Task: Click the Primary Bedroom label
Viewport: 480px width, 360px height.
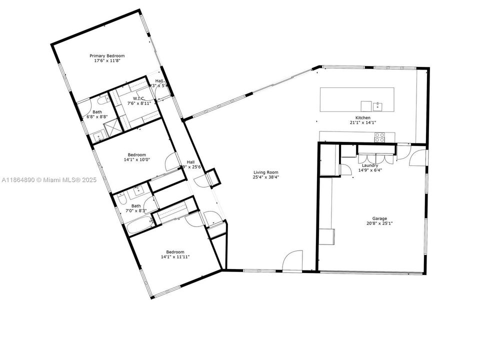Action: pos(107,55)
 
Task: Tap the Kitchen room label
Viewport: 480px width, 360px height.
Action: pos(363,117)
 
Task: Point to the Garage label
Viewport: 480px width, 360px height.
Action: pos(379,218)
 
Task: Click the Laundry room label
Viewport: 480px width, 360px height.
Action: pos(370,165)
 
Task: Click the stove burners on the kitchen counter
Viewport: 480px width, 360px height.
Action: pos(379,137)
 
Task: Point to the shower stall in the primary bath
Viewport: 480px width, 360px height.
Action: pos(114,126)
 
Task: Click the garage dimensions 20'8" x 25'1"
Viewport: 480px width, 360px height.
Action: pos(379,223)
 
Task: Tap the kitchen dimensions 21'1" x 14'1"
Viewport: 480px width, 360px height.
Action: pos(363,122)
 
